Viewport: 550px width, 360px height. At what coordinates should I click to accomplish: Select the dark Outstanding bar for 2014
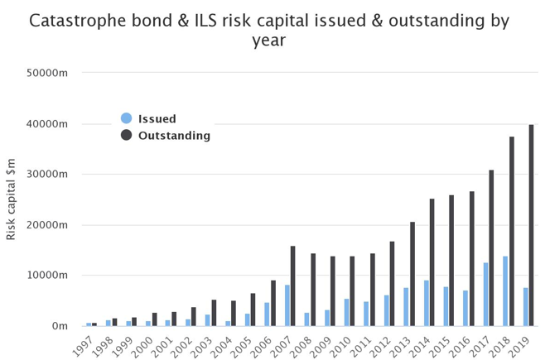pos(432,262)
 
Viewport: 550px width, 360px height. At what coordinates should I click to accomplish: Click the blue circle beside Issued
pos(126,118)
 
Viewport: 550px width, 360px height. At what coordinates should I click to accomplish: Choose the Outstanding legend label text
pos(174,135)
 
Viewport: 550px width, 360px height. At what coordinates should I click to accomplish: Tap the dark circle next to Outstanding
pos(126,135)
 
